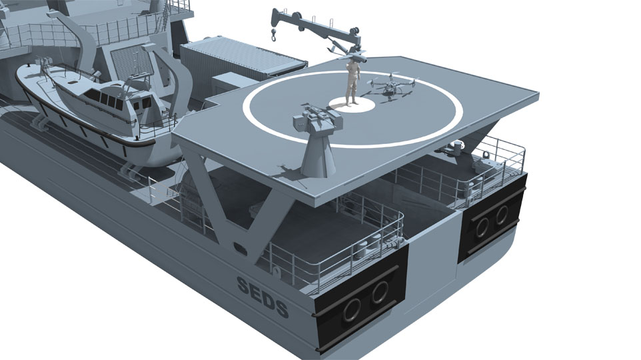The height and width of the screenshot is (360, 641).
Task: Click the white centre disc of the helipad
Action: click(x=352, y=104)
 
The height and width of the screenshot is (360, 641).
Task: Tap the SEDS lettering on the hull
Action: click(x=263, y=296)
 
